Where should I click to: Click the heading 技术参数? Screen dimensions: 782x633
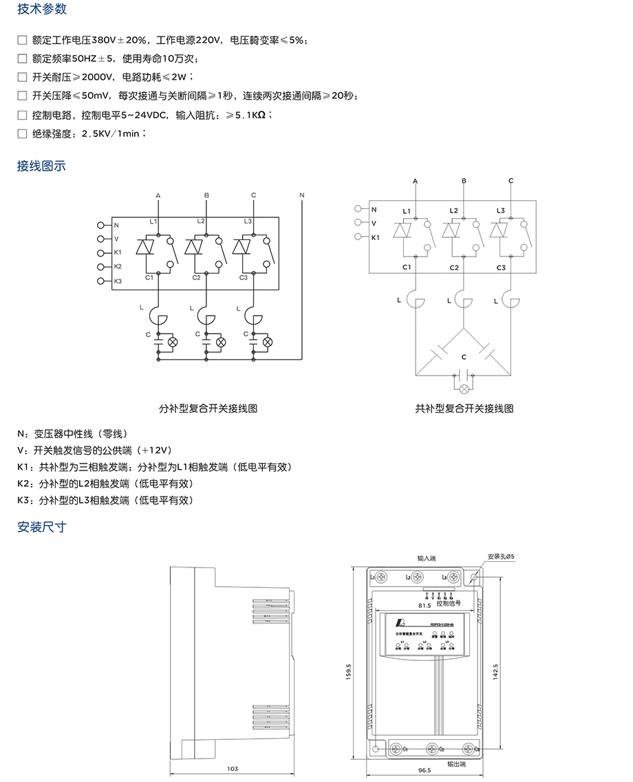point(42,10)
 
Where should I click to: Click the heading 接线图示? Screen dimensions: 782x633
point(42,166)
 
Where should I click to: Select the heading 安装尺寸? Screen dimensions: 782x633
point(42,528)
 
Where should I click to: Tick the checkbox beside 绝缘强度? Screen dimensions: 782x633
point(22,133)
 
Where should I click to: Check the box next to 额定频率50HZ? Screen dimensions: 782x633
point(22,59)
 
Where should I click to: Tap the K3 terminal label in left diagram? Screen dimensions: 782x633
point(118,281)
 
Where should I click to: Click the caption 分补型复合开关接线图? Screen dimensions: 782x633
point(208,408)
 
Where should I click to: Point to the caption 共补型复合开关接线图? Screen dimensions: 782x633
point(464,408)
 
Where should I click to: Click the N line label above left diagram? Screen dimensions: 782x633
point(301,196)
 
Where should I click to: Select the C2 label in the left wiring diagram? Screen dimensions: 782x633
point(196,277)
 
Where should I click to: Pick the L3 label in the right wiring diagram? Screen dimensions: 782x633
point(500,210)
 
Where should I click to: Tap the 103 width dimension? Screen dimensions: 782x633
point(233,768)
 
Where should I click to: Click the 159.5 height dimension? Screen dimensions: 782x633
point(349,670)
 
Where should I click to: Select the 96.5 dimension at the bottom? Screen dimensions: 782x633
point(424,771)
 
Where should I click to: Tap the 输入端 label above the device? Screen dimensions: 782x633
point(427,559)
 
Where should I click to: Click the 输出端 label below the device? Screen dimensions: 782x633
point(456,763)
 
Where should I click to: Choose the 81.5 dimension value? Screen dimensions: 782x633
point(424,606)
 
